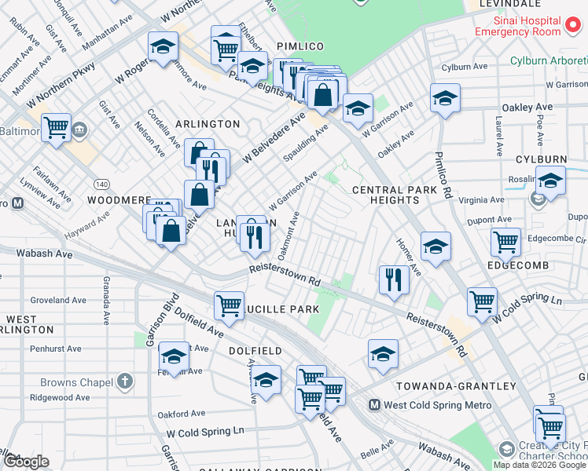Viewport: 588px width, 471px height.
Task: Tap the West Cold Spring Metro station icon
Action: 375,406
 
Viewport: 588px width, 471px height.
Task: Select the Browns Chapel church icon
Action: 124,382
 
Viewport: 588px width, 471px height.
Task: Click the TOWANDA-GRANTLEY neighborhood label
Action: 456,386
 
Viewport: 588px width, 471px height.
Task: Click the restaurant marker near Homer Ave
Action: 393,279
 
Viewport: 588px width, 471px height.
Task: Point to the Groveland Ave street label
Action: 58,301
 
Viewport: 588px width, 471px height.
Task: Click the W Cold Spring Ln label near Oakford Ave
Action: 205,432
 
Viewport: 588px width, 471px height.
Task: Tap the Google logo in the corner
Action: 25,462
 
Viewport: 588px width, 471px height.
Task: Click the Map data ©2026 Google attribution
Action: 539,465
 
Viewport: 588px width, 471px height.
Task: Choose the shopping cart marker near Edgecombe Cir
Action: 505,242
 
